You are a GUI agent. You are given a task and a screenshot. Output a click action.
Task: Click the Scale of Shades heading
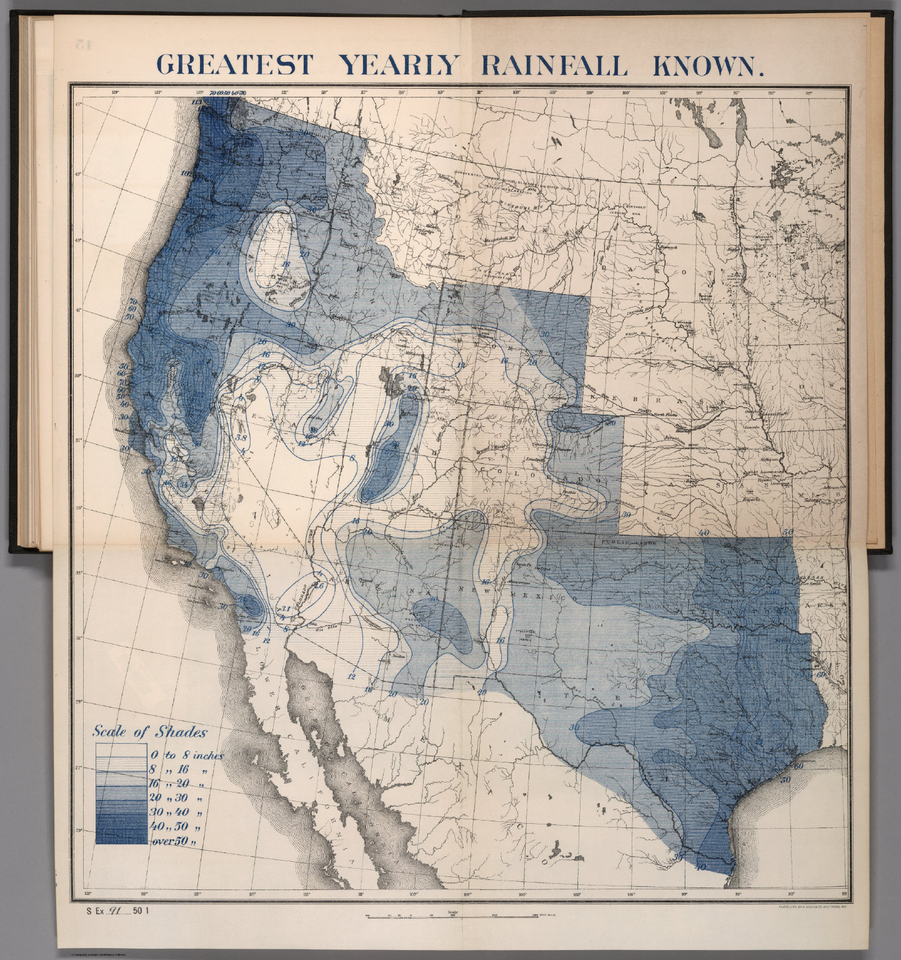(x=150, y=731)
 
